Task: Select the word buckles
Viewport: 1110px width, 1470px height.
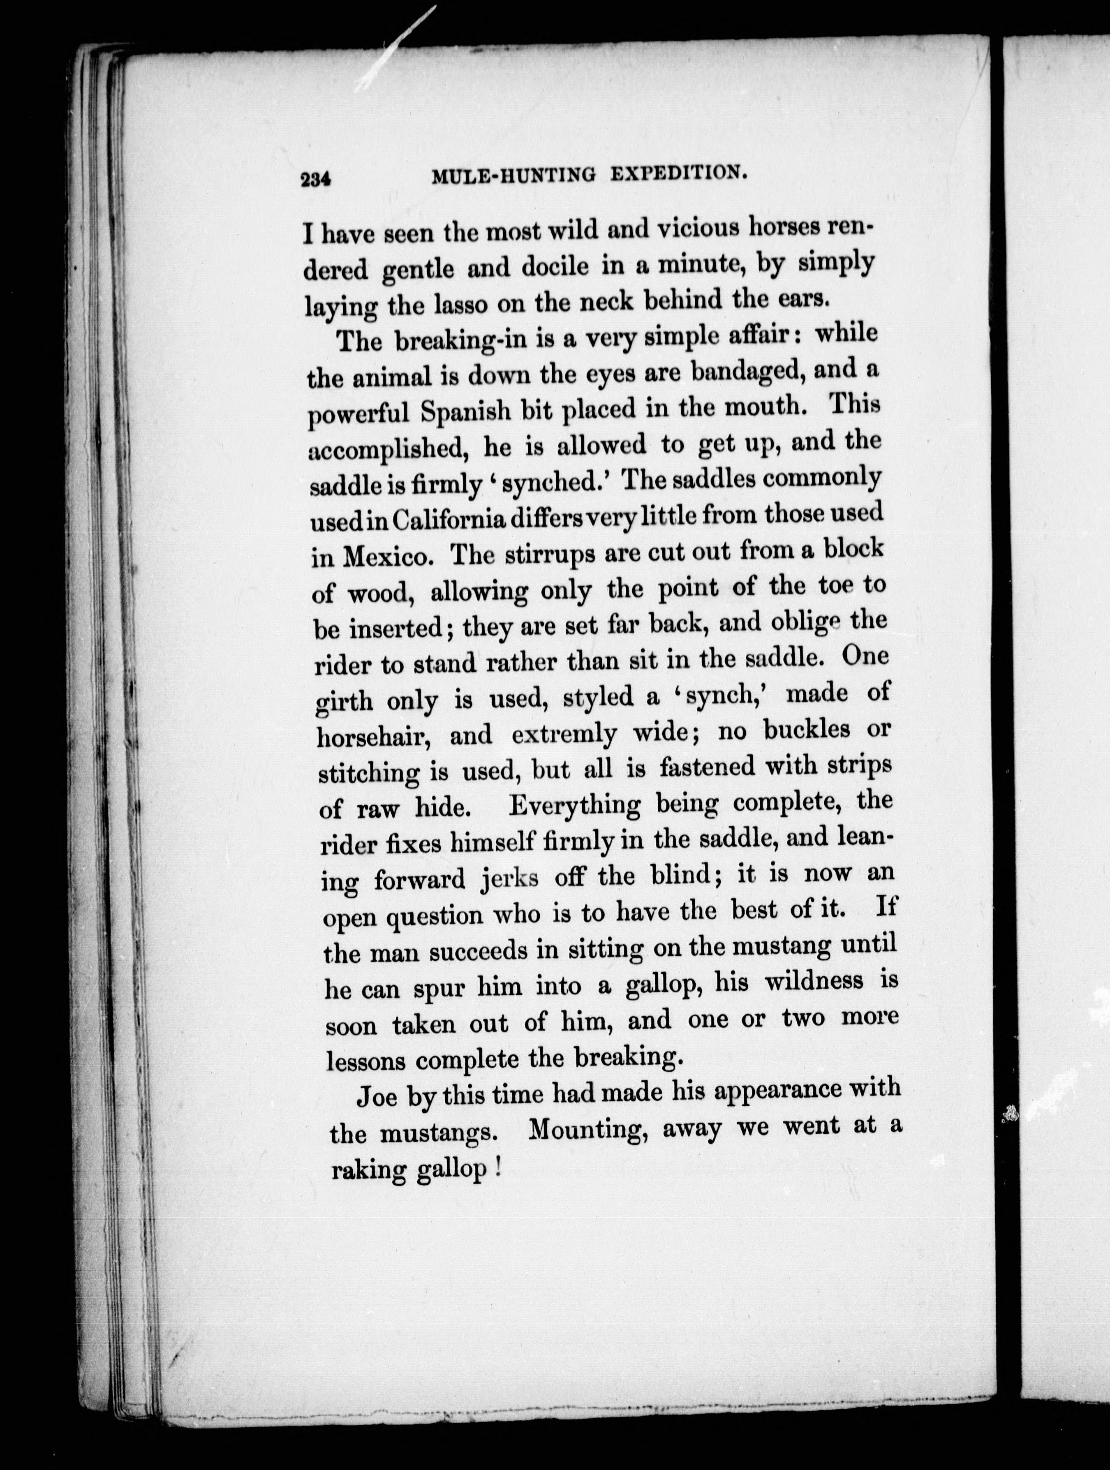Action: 806,730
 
